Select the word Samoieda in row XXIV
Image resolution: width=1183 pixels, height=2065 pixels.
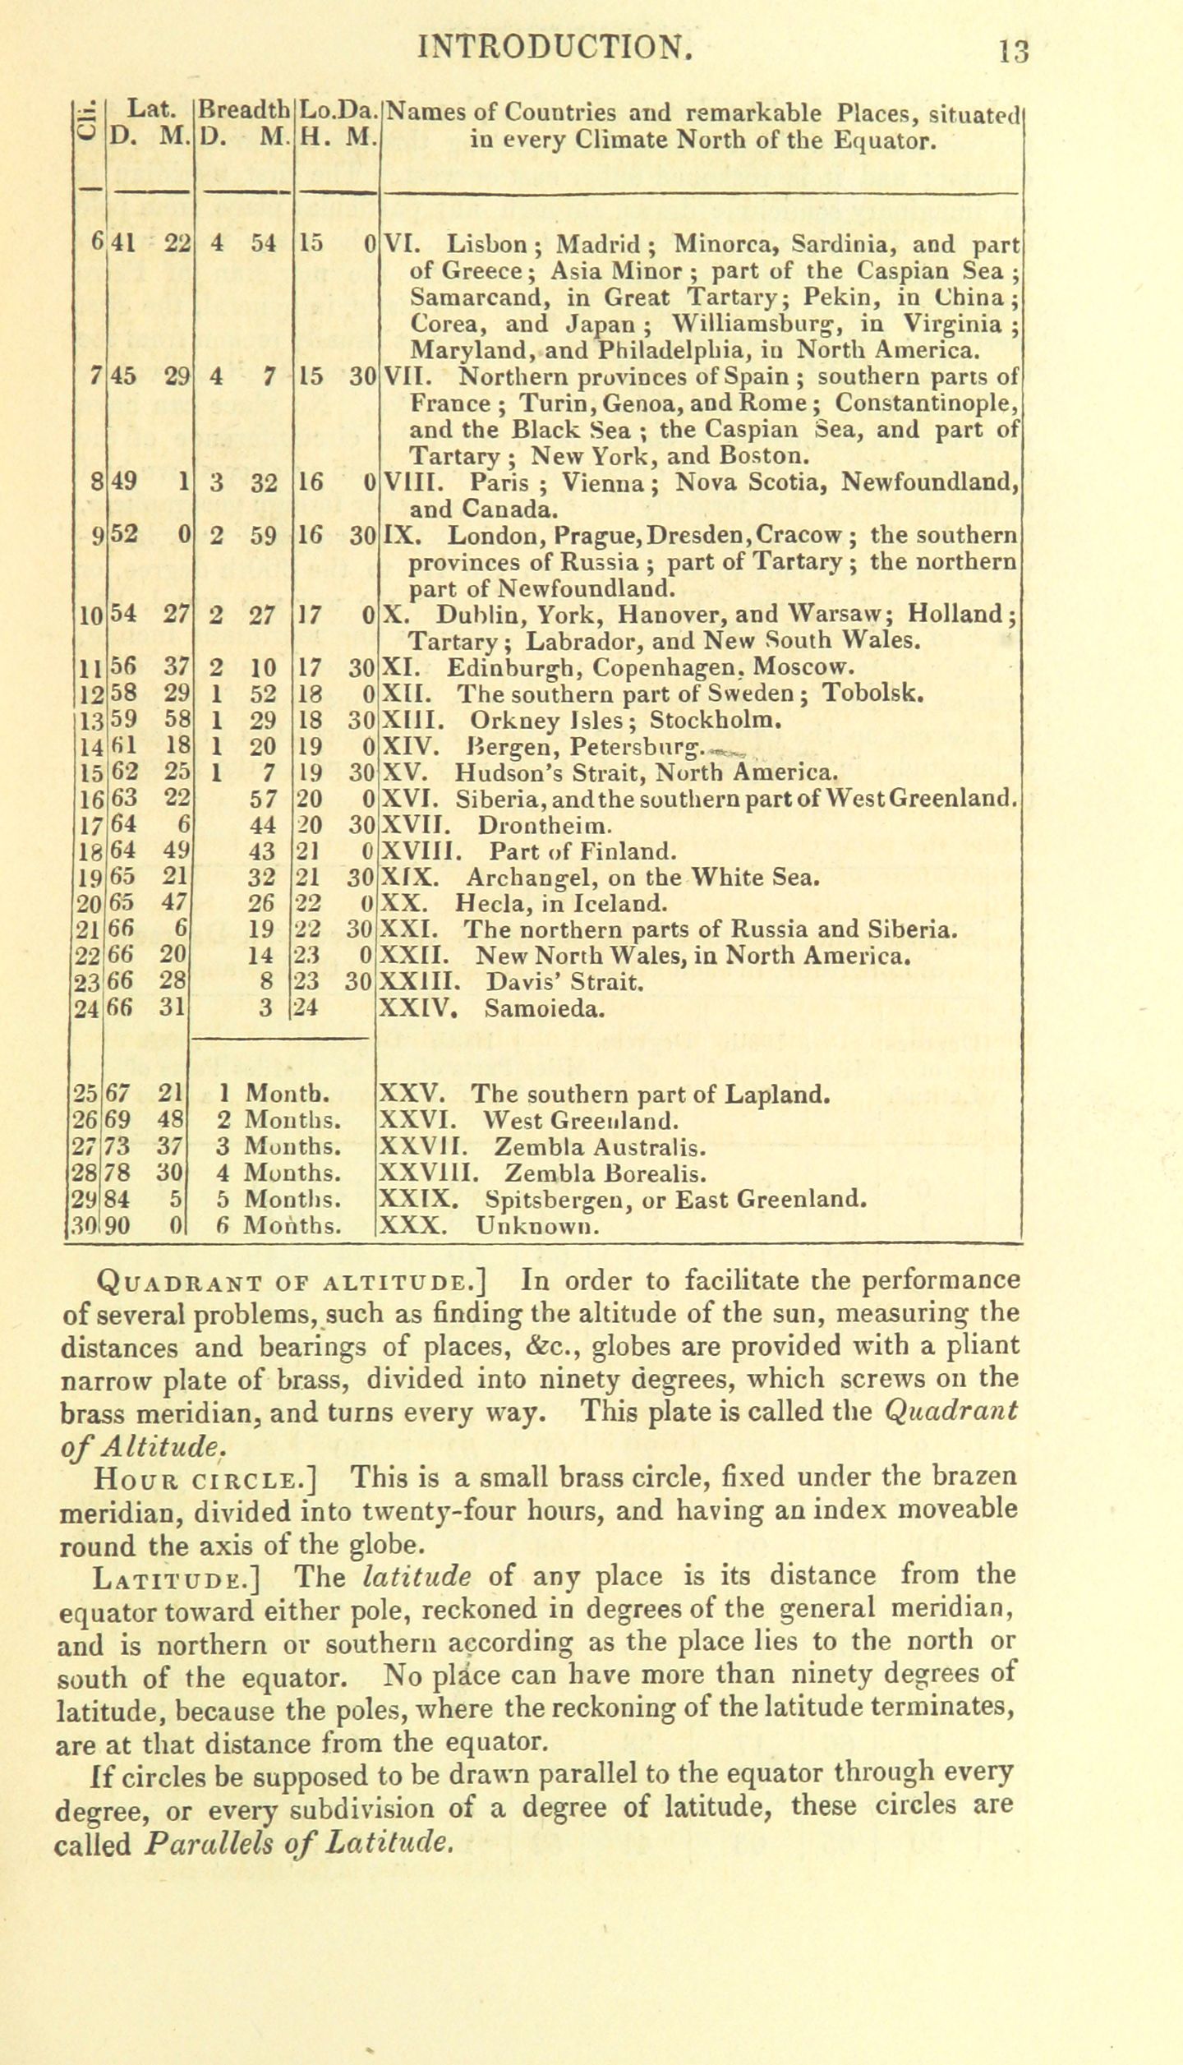click(x=545, y=1008)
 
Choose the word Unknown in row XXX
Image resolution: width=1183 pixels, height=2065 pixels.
click(x=536, y=1227)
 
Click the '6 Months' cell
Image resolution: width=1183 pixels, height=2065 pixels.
click(x=279, y=1227)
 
